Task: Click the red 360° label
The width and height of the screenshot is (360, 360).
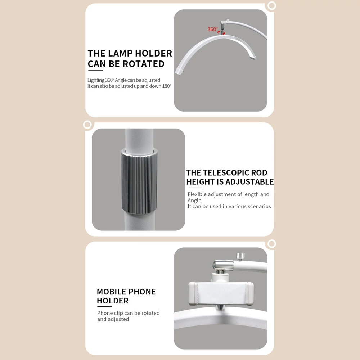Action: point(213,29)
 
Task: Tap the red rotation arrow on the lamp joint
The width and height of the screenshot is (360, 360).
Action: point(221,32)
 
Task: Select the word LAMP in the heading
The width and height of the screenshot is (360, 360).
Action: point(120,53)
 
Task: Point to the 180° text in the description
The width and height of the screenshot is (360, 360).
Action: point(167,86)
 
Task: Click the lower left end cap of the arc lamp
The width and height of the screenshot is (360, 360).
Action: point(179,71)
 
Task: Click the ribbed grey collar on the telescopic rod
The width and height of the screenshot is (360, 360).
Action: point(139,181)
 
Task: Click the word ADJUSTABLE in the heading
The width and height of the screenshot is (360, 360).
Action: point(249,182)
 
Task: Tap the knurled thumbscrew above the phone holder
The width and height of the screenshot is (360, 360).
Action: point(240,256)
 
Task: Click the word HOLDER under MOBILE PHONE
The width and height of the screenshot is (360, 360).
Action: point(112,301)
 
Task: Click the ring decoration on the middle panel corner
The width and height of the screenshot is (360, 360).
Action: point(87,125)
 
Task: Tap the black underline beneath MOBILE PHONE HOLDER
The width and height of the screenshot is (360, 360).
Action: point(104,306)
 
